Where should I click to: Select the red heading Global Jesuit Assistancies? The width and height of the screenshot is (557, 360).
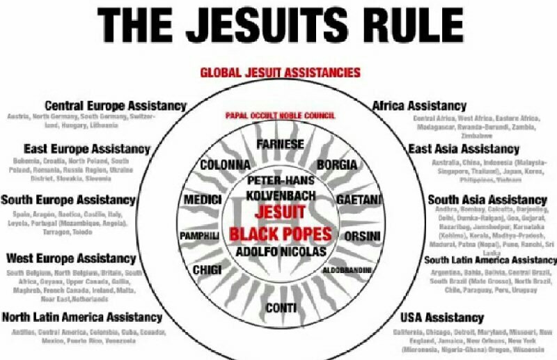[x=280, y=72]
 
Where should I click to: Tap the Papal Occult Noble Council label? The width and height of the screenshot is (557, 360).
[x=280, y=115]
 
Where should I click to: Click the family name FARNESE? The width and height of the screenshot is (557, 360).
[x=280, y=145]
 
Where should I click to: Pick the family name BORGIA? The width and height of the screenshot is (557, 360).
[x=338, y=166]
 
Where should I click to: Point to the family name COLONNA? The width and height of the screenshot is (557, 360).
[x=224, y=166]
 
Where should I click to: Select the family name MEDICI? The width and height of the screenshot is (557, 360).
[x=203, y=200]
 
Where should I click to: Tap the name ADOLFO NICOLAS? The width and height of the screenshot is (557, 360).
[x=280, y=252]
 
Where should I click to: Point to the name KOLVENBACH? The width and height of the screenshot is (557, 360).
[x=280, y=196]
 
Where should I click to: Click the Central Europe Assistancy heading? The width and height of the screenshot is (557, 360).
[x=116, y=106]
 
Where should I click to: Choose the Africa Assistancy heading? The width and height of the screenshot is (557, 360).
[x=419, y=106]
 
